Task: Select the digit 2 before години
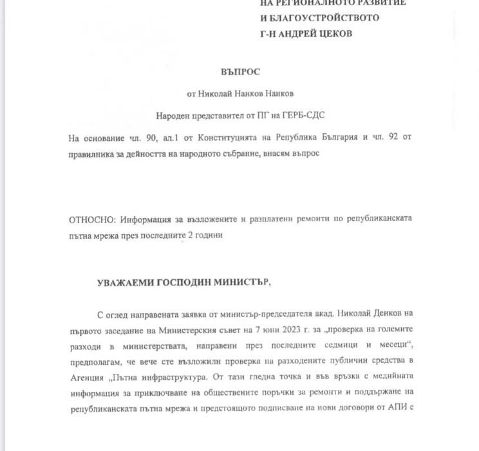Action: point(189,235)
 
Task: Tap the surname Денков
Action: point(379,314)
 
